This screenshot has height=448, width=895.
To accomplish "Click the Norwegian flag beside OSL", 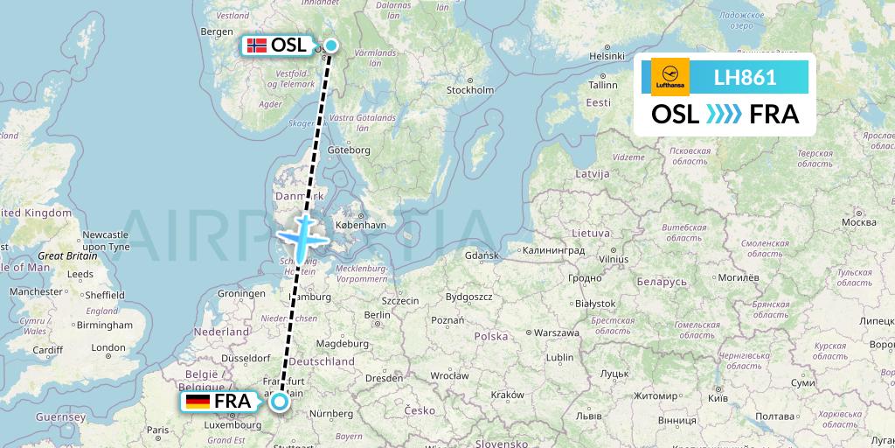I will pos(257,45).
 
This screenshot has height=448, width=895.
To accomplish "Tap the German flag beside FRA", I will pos(198,402).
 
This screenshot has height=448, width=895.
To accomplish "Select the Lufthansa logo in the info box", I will pos(670,77).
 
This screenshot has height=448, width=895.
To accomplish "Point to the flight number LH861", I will pos(745,77).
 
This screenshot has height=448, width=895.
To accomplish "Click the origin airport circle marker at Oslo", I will pos(331,46).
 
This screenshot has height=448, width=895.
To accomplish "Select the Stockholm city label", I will pos(470,89).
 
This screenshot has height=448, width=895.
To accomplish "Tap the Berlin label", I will pos(377,315).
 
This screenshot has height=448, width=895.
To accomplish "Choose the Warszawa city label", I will pos(557,332).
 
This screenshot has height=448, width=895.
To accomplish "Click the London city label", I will pos(108,347).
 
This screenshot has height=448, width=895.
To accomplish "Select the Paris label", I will pos(158,430).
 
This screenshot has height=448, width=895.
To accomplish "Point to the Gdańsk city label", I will pos(482,255).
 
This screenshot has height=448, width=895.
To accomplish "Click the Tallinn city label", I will pos(602,85).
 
